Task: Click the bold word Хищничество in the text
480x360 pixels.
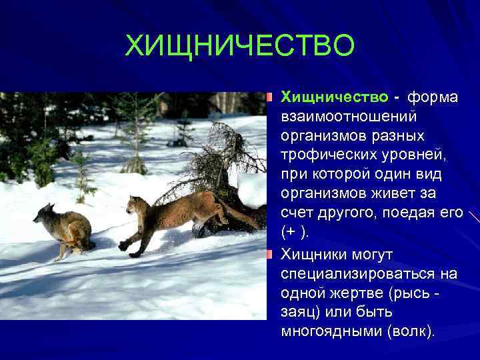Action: point(334,98)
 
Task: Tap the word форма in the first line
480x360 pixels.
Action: point(432,98)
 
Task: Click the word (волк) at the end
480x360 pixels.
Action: point(410,331)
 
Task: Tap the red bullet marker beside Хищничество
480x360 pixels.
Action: point(269,98)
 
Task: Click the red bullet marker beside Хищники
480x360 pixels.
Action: point(269,254)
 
